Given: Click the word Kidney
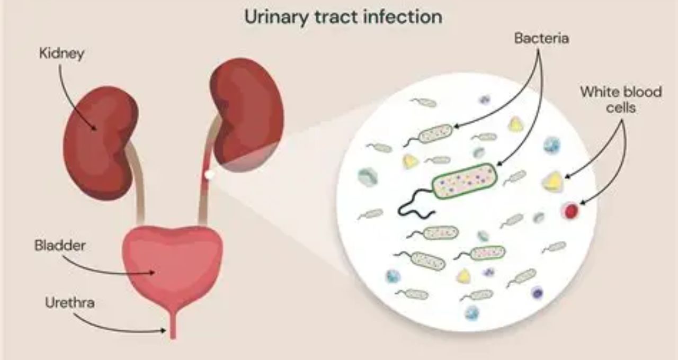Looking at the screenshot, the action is click(62, 54).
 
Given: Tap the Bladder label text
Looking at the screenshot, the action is click(60, 245).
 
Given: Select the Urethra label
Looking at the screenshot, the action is click(69, 302).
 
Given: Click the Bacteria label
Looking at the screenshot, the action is click(541, 39).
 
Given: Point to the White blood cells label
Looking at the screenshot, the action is click(621, 100).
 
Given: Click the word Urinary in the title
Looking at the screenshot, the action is click(276, 17).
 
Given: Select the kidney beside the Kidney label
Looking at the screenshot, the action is click(100, 142).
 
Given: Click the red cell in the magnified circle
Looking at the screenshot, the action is click(571, 211).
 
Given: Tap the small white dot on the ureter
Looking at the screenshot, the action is click(209, 175).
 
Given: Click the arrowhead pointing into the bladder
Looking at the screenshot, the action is click(151, 273).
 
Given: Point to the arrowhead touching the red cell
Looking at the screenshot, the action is click(582, 203).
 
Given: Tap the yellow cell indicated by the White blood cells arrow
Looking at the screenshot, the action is click(553, 182).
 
